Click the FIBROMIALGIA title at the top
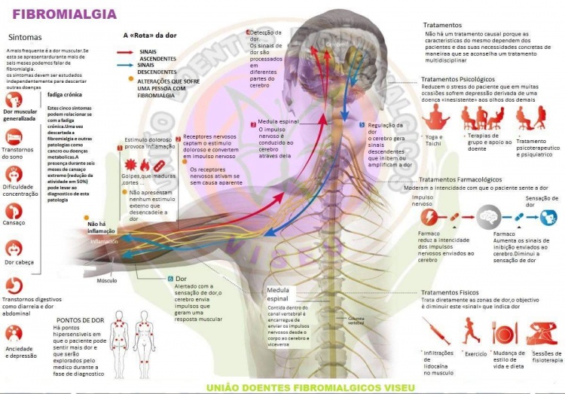65,14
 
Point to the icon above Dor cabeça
14,247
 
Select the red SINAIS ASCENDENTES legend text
157,54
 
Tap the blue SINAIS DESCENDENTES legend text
157,69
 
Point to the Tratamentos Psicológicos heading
457,78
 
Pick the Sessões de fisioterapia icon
542,332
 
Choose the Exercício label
476,353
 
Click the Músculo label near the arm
106,281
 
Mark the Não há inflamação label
102,228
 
